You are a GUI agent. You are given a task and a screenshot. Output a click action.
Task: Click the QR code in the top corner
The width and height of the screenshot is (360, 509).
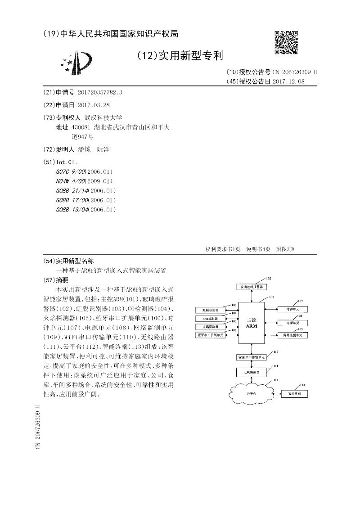pyautogui.click(x=286, y=43)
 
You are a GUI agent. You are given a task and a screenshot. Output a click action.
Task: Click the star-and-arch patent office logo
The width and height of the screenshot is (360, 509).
pyautogui.click(x=77, y=63)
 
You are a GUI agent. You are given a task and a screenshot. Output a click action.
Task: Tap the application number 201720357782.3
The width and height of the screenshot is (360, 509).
pyautogui.click(x=100, y=92)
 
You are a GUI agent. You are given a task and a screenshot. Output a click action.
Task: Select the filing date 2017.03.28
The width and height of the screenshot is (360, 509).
pyautogui.click(x=94, y=105)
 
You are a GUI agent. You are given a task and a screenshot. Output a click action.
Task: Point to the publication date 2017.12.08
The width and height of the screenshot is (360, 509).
pyautogui.click(x=288, y=81)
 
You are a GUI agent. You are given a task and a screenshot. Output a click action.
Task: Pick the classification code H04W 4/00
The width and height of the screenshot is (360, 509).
pyautogui.click(x=72, y=181)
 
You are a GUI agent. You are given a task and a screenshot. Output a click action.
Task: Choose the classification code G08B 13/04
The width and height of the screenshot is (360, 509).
pyautogui.click(x=72, y=210)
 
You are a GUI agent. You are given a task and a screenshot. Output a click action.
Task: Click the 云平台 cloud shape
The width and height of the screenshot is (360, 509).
pyautogui.click(x=251, y=394)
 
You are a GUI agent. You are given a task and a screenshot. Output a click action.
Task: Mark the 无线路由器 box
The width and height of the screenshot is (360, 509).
pyautogui.click(x=251, y=372)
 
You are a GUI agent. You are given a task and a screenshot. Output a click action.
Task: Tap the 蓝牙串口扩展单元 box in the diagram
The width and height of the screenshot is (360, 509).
pyautogui.click(x=210, y=335)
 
